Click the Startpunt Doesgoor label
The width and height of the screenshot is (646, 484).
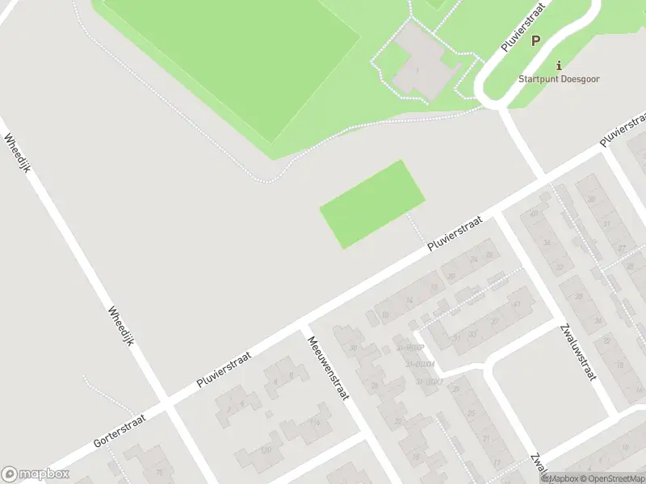pyautogui.click(x=559, y=79)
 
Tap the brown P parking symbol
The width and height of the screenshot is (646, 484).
pyautogui.click(x=536, y=40)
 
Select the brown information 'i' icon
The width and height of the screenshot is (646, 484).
pyautogui.click(x=558, y=65)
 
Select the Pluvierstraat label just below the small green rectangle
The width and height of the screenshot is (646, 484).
pyautogui.click(x=455, y=234)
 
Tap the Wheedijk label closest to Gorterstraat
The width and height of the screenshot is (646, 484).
pyautogui.click(x=119, y=327)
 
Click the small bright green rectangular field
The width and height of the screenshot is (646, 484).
pyautogui.click(x=372, y=204)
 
